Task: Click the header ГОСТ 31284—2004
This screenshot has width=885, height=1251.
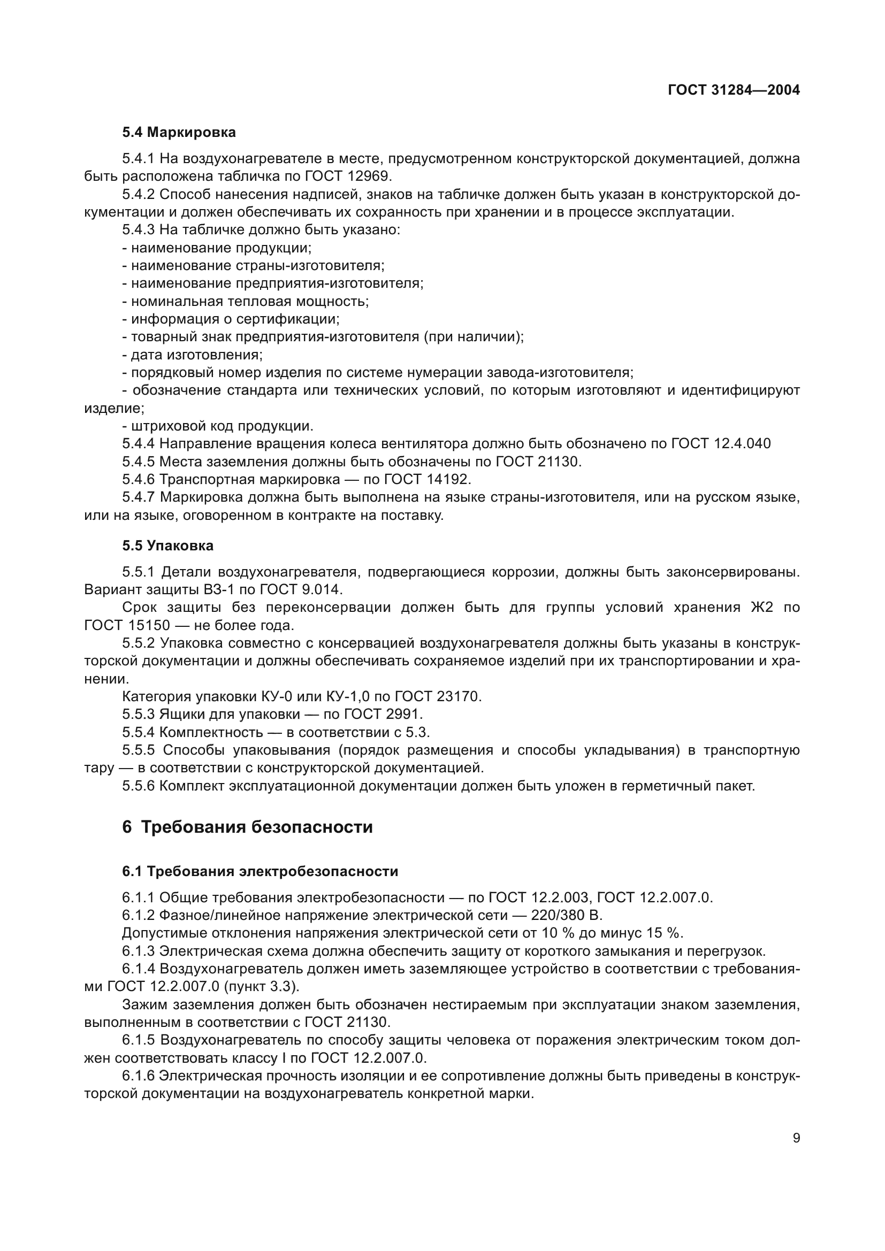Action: click(x=734, y=90)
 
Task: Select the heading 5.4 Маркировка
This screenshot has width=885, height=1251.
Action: click(x=179, y=133)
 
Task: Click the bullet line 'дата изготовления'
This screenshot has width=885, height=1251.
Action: click(x=193, y=355)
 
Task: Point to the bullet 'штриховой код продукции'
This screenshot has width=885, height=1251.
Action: click(x=218, y=426)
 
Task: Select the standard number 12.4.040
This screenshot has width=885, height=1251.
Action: click(x=742, y=443)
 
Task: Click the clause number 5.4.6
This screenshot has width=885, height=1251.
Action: click(x=139, y=479)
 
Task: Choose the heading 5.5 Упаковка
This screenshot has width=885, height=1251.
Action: click(x=168, y=546)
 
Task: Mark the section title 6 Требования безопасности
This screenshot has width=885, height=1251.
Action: click(x=247, y=827)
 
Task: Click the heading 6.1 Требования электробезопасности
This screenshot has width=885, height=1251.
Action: click(x=260, y=871)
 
